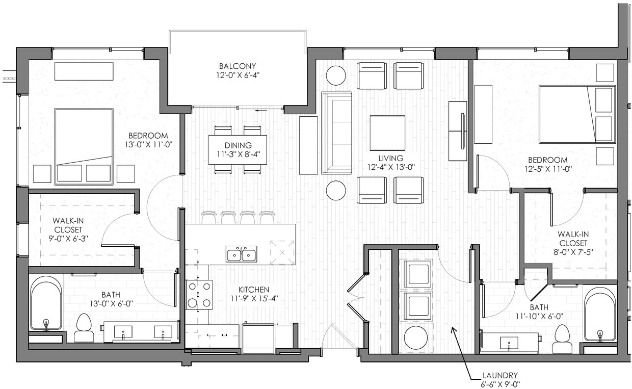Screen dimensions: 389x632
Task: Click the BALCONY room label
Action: pyautogui.click(x=238, y=66)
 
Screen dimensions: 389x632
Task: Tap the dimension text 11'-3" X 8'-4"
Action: pyautogui.click(x=238, y=154)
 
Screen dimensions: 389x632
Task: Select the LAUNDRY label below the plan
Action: pyautogui.click(x=502, y=375)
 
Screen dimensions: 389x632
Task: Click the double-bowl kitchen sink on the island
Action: pyautogui.click(x=242, y=254)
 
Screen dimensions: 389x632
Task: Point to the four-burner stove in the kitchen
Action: pyautogui.click(x=199, y=295)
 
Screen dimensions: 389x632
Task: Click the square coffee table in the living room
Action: pyautogui.click(x=387, y=133)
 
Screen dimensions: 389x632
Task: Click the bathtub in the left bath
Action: pyautogui.click(x=46, y=304)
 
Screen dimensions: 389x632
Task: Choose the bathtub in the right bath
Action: pyautogui.click(x=600, y=315)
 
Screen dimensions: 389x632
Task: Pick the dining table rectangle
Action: pyautogui.click(x=238, y=149)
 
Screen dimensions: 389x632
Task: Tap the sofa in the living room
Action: pyautogui.click(x=336, y=133)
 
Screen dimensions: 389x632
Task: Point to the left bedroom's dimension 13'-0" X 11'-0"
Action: pyautogui.click(x=148, y=144)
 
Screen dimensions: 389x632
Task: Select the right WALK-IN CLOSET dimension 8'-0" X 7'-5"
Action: pyautogui.click(x=573, y=252)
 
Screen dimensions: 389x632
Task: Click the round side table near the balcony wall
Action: pyautogui.click(x=336, y=75)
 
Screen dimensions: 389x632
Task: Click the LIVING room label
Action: pyautogui.click(x=390, y=158)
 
